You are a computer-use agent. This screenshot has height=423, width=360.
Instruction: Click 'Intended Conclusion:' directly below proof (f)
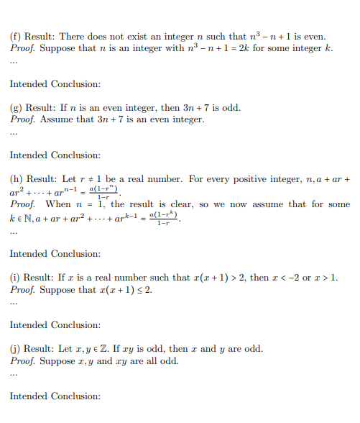coord(55,84)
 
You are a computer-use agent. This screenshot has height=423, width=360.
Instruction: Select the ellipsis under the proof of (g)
coord(13,133)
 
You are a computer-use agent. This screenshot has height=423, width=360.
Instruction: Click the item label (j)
coord(16,349)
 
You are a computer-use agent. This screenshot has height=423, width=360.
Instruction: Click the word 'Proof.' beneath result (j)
coord(23,360)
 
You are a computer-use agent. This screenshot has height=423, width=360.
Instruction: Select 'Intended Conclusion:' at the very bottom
coord(55,396)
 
